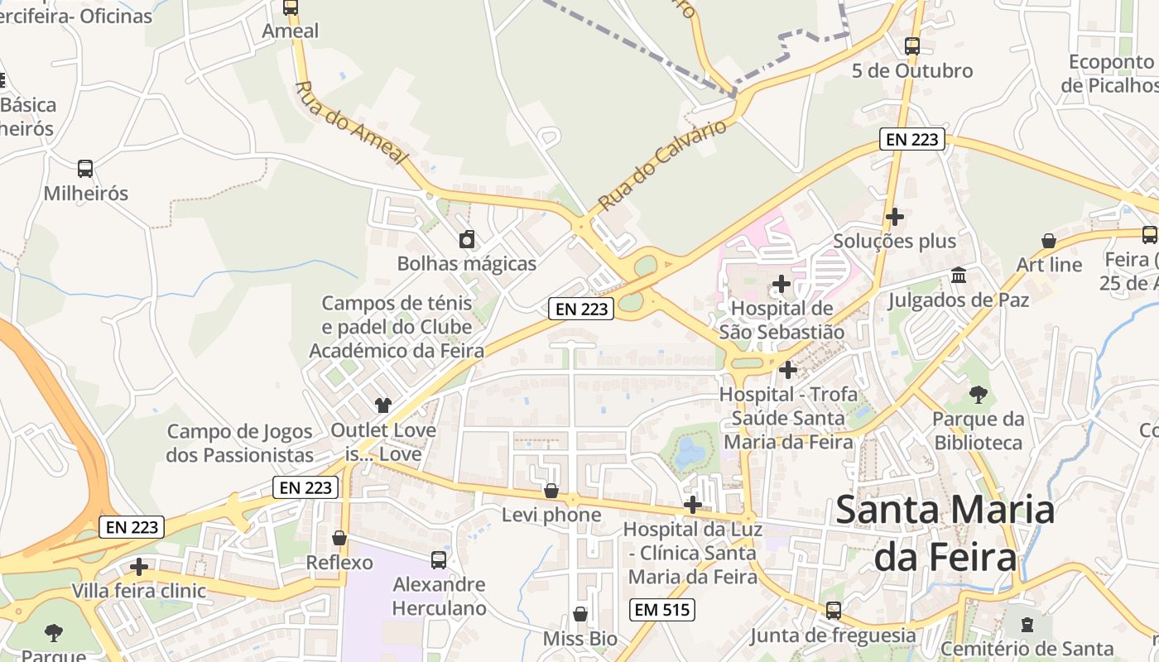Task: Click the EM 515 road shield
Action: pos(661,611)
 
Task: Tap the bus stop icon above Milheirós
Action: pos(85,169)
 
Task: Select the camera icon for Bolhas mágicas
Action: pos(467,240)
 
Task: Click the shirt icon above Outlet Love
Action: pos(382,405)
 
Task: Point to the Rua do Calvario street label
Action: pos(662,165)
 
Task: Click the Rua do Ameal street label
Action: pos(352,122)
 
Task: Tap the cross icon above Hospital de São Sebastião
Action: pos(781,285)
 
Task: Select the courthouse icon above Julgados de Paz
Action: pos(959,275)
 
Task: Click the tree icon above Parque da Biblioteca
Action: pos(979,395)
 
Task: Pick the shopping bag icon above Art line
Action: pos(1049,241)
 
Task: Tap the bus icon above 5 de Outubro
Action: pos(912,46)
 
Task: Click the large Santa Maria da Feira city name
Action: pos(945,534)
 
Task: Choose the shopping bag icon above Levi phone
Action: pos(551,491)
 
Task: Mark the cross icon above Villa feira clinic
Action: pos(139,567)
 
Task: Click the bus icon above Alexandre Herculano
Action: pos(439,560)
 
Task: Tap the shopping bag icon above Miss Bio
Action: pos(580,614)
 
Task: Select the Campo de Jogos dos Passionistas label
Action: pos(240,443)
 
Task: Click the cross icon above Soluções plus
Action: pos(894,217)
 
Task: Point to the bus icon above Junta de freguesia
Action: pos(834,611)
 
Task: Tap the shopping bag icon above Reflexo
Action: pos(339,538)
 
